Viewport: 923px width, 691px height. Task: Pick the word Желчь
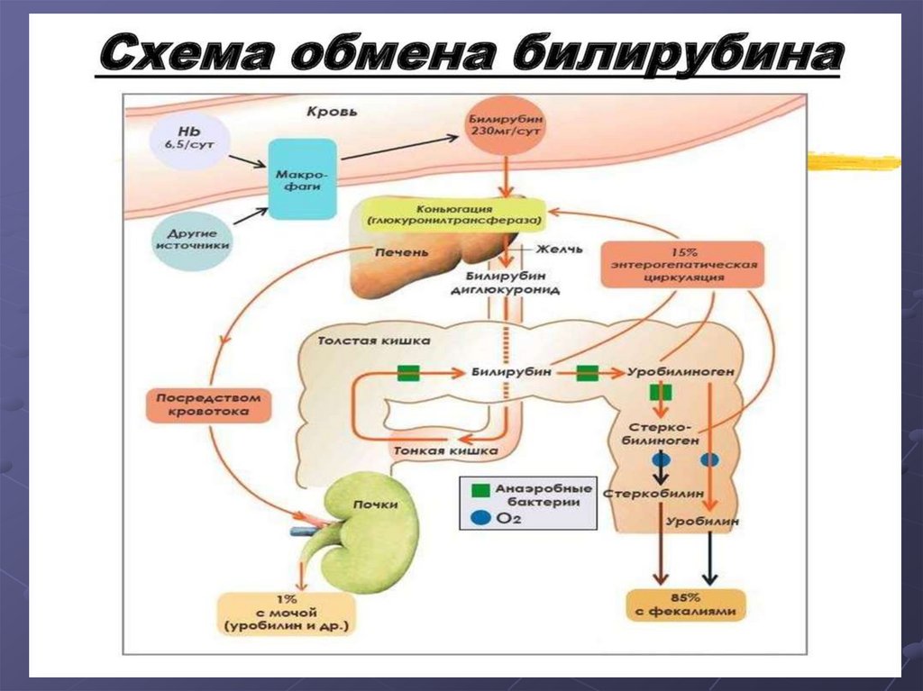(560, 249)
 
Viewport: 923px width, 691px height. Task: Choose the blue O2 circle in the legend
(480, 518)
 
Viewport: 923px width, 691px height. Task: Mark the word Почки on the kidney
(375, 505)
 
